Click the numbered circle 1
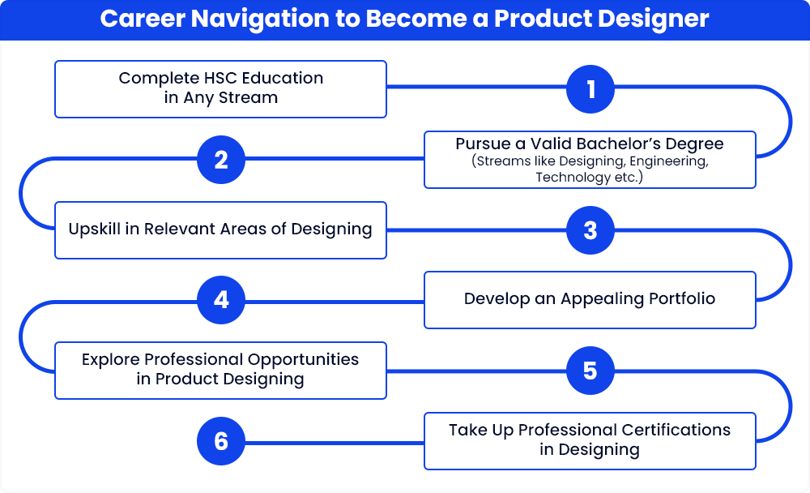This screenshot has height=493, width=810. click(590, 89)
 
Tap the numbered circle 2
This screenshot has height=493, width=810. click(221, 159)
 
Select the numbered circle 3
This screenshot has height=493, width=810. click(590, 230)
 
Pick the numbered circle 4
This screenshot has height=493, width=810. click(221, 300)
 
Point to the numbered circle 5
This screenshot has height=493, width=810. click(590, 371)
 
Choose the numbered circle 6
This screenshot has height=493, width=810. click(221, 441)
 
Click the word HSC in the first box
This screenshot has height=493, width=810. click(220, 78)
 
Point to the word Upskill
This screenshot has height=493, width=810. click(95, 229)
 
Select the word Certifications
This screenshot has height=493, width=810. click(676, 430)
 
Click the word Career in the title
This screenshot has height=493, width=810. click(143, 19)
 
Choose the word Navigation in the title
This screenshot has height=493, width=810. click(260, 19)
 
